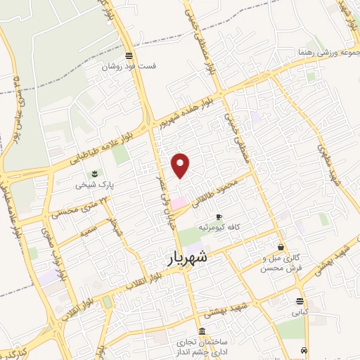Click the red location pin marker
click(181, 164)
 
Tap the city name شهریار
click(188, 257)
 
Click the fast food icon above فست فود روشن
click(128, 56)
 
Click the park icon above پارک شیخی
click(92, 174)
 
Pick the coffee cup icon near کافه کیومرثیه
click(219, 216)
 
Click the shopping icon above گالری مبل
click(282, 247)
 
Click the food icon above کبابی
click(300, 302)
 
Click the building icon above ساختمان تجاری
click(202, 332)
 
